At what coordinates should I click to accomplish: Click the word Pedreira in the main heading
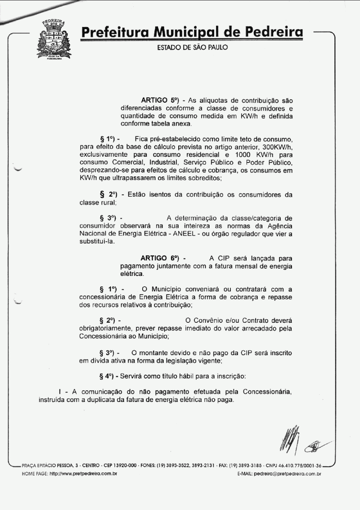pyautogui.click(x=272, y=32)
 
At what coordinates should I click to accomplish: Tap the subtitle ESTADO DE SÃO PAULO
pyautogui.click(x=192, y=47)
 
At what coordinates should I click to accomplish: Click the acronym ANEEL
pyautogui.click(x=203, y=234)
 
